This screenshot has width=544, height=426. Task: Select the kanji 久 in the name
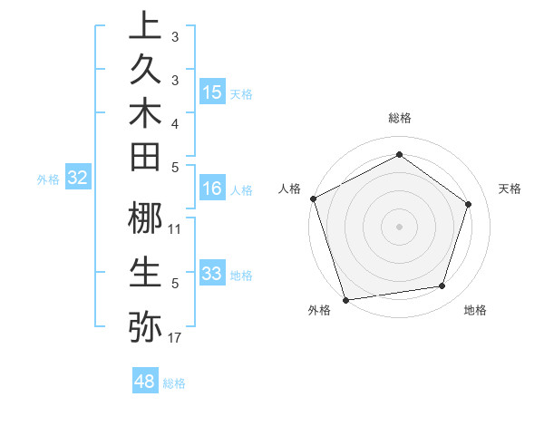(145, 74)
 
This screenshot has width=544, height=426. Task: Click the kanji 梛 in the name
(145, 219)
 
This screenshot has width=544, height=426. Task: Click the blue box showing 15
(212, 92)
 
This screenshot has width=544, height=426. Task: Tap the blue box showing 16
(212, 189)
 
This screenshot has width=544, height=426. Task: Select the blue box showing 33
(212, 274)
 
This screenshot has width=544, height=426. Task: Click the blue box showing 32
(78, 178)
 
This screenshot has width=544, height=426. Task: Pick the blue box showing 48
(144, 382)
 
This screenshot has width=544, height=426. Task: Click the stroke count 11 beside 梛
(175, 228)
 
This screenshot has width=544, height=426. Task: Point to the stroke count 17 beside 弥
(175, 338)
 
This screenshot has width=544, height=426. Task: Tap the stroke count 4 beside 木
(175, 122)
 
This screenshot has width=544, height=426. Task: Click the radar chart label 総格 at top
(399, 118)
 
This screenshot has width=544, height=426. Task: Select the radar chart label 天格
(510, 189)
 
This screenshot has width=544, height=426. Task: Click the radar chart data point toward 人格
(313, 198)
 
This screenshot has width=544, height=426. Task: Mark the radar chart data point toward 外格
(346, 299)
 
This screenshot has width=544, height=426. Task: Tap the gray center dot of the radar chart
(399, 226)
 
